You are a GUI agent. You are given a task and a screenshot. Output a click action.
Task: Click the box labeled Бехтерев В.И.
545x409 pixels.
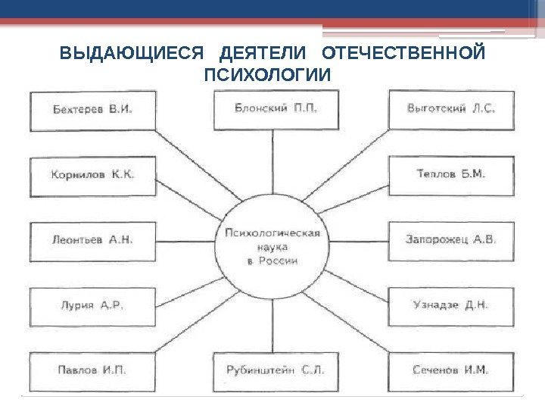(92, 110)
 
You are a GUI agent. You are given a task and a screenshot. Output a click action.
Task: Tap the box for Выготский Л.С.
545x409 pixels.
(451, 110)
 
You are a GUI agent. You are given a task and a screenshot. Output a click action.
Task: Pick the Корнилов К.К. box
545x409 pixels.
(92, 175)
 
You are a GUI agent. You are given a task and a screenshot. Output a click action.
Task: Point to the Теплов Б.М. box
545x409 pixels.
(451, 175)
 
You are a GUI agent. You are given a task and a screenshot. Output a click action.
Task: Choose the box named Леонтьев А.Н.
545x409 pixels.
(92, 241)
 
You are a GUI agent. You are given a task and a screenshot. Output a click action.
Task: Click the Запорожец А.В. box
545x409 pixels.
(451, 241)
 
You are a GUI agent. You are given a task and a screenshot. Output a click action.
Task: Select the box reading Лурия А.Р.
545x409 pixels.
(92, 306)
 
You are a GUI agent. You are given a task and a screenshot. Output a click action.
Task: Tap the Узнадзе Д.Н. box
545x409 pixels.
(451, 306)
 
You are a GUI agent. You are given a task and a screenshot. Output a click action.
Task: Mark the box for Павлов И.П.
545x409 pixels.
(92, 371)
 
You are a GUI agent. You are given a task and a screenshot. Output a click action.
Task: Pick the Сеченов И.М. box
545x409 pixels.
(451, 371)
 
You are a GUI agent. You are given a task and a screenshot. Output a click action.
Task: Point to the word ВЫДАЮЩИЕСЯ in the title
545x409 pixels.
(131, 55)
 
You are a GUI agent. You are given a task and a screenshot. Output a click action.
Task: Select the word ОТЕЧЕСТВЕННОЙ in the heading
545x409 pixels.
(403, 55)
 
